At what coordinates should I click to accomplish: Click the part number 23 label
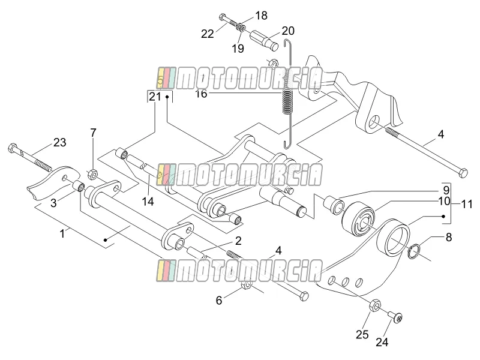[x=59, y=142]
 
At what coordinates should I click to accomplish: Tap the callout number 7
[x=93, y=133]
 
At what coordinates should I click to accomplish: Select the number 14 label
[x=148, y=202]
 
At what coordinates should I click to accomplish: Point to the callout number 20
[x=288, y=31]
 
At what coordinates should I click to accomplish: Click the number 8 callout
[x=448, y=237]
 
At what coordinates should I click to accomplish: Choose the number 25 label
[x=362, y=335]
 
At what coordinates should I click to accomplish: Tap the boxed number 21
[x=155, y=97]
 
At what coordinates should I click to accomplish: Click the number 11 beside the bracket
[x=467, y=204]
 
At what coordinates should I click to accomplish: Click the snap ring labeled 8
[x=414, y=250]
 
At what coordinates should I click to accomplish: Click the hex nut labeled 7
[x=92, y=175]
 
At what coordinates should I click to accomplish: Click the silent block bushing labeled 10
[x=358, y=219]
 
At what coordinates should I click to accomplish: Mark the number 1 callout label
[x=62, y=234]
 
